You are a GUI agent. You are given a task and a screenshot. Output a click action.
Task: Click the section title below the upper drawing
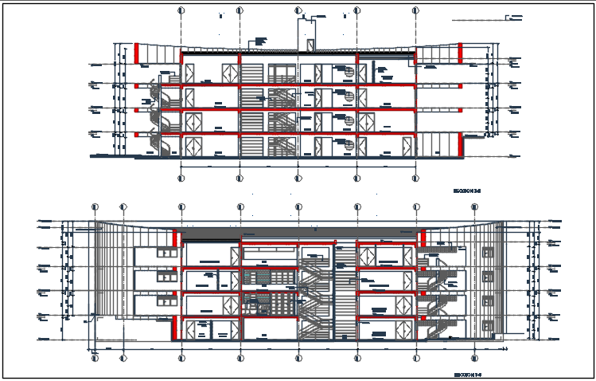(468, 191)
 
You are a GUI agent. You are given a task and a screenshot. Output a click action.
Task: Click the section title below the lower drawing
(468, 372)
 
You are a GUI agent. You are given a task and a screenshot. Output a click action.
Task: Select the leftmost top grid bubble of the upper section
(181, 11)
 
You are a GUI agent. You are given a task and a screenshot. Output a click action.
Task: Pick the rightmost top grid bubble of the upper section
(415, 11)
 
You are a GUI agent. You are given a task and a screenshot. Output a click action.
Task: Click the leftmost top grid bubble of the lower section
(95, 207)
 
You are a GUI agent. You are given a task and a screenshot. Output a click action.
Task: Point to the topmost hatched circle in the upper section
(349, 72)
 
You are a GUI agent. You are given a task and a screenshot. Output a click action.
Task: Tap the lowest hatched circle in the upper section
(349, 144)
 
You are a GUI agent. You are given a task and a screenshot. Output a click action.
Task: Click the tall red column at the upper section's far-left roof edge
(136, 53)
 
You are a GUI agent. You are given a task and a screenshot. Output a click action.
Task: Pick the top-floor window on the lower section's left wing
(167, 253)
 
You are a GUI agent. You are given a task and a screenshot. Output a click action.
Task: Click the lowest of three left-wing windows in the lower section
(167, 300)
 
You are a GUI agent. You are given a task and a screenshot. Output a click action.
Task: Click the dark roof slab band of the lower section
(302, 231)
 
